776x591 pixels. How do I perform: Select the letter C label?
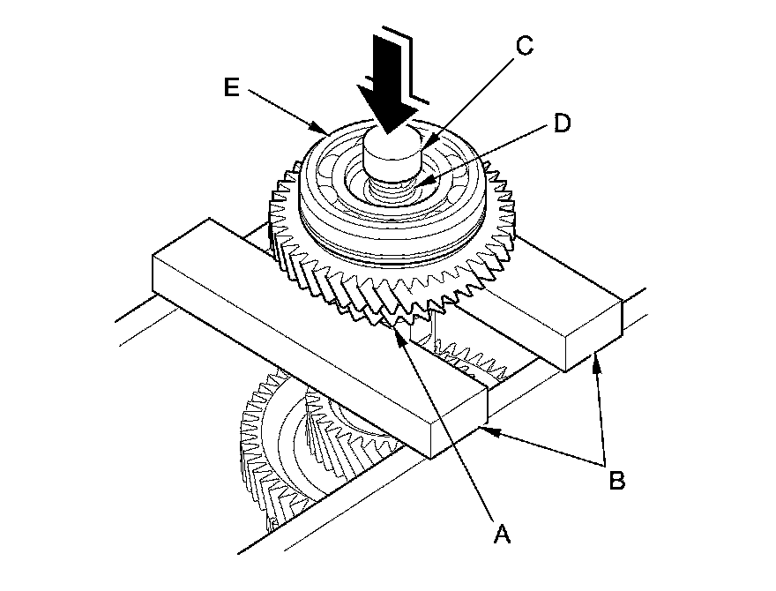(523, 48)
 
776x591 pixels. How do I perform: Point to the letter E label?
(232, 88)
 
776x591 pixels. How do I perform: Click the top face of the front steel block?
(317, 326)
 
